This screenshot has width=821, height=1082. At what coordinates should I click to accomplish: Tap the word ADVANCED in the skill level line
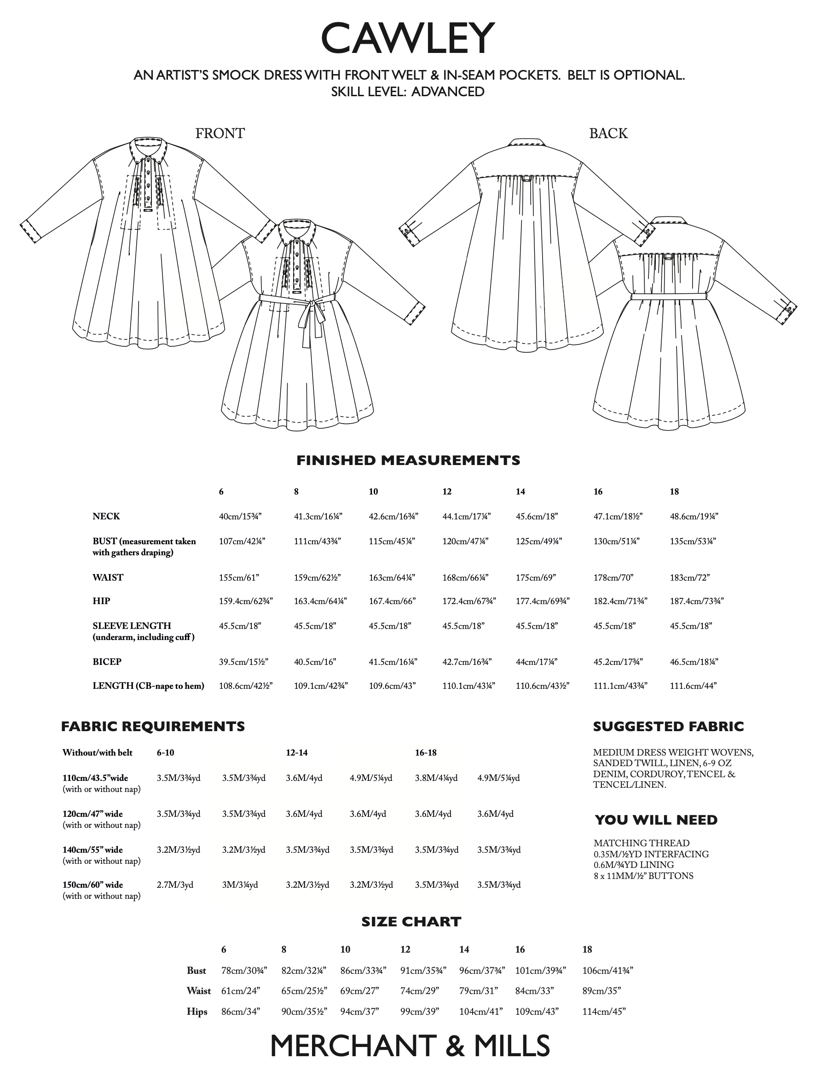click(x=447, y=92)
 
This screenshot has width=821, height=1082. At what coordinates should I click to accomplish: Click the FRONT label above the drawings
click(x=220, y=133)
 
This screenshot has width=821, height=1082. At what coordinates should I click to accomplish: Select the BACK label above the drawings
click(x=608, y=133)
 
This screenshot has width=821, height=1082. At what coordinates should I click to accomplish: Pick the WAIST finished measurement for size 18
click(x=689, y=577)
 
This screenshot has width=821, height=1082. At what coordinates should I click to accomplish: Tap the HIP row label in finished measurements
click(x=102, y=601)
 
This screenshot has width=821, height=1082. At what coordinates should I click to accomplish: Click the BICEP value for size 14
click(x=537, y=662)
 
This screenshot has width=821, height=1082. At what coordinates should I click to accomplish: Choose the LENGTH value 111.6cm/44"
click(x=693, y=686)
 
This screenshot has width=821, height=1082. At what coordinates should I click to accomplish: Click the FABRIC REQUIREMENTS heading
click(x=153, y=727)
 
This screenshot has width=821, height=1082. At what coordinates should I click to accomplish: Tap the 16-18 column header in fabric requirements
click(x=425, y=752)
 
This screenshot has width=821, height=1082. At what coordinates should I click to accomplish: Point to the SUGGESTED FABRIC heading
click(x=668, y=727)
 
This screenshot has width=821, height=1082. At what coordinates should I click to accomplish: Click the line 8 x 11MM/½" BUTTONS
click(x=643, y=876)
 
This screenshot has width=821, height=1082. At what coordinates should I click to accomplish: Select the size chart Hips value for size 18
click(x=604, y=1012)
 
